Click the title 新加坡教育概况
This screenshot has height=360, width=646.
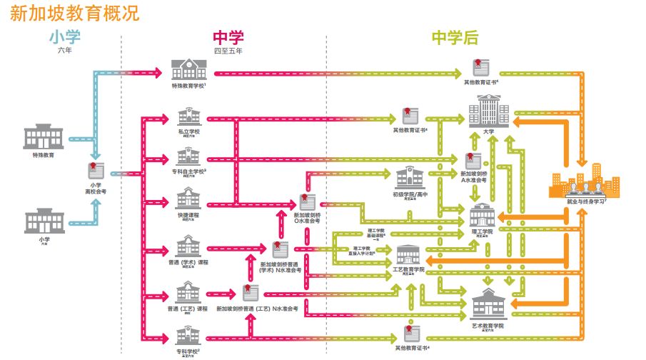pyautogui.click(x=74, y=12)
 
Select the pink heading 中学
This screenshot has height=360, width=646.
pyautogui.click(x=228, y=37)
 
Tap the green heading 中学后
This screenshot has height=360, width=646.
pyautogui.click(x=455, y=37)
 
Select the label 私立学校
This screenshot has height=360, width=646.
pyautogui.click(x=189, y=131)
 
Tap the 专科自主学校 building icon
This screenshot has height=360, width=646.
pyautogui.click(x=188, y=156)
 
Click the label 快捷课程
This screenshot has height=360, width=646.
pyautogui.click(x=189, y=214)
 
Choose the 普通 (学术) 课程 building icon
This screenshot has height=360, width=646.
pyautogui.click(x=188, y=247)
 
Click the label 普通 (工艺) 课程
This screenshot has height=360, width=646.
pyautogui.click(x=188, y=309)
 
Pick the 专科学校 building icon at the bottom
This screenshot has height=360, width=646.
pyautogui.click(x=188, y=336)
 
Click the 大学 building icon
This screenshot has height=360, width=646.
pyautogui.click(x=488, y=114)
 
